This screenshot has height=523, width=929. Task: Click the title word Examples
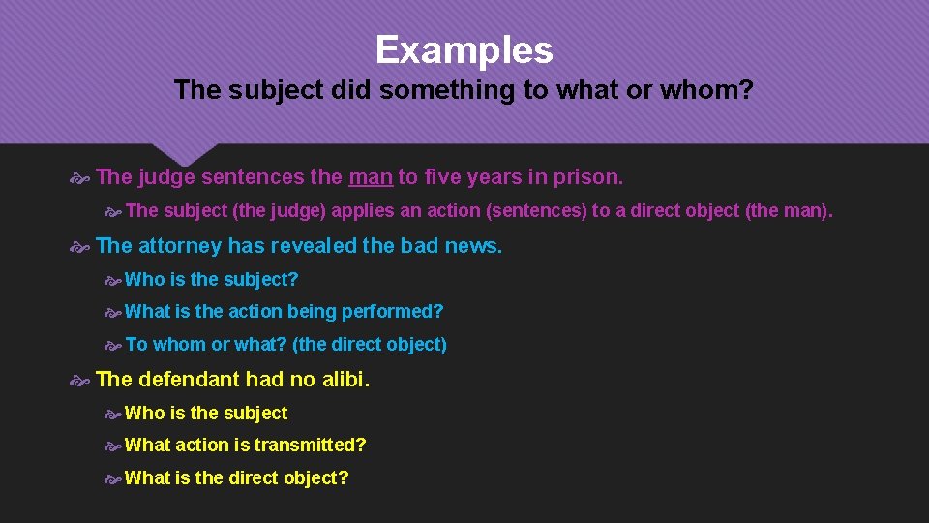[464, 50]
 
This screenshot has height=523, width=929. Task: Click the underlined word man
[370, 177]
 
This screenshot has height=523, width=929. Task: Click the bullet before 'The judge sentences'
[81, 178]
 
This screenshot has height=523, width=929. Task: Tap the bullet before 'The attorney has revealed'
[81, 247]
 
